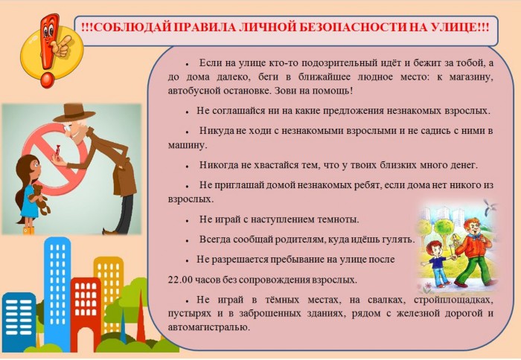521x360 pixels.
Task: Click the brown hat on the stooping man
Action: tap(74, 112)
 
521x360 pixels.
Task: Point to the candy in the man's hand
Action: tap(58, 150)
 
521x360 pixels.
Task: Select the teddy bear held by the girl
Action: tap(40, 199)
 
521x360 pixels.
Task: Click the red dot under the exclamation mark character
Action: tap(47, 80)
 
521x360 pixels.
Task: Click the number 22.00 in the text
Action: tap(180, 280)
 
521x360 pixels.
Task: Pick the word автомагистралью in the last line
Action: tap(208, 327)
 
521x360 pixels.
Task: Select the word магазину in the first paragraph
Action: tap(471, 77)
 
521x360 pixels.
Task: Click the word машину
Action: tap(188, 146)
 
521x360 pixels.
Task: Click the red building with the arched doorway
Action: tap(86, 312)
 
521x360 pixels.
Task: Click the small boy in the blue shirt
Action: tap(437, 264)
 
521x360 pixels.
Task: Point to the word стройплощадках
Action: tap(453, 300)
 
